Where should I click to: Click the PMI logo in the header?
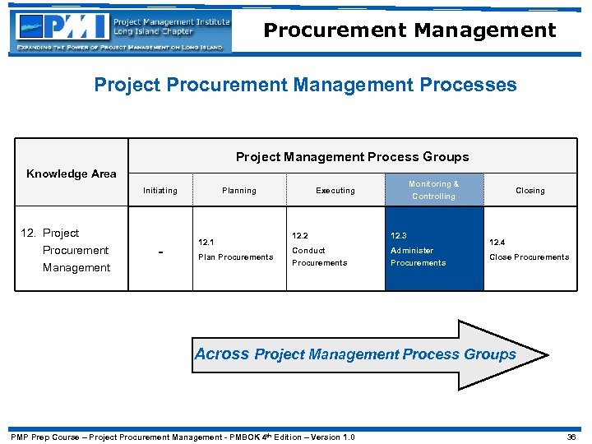(62, 27)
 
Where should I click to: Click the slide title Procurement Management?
(409, 30)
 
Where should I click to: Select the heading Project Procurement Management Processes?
(305, 85)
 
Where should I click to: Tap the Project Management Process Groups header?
(352, 156)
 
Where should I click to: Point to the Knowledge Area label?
(72, 173)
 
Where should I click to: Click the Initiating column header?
(160, 191)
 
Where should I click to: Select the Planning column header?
(238, 191)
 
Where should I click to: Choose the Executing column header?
(335, 191)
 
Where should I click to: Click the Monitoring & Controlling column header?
(433, 190)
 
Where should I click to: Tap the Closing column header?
(530, 191)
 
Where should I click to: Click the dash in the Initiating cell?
(160, 251)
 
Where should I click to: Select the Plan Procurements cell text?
(235, 257)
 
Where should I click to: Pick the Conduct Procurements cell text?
(319, 257)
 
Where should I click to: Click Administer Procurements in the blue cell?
(418, 257)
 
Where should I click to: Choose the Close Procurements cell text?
(529, 257)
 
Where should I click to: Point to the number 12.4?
(497, 243)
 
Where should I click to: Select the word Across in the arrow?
(221, 354)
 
